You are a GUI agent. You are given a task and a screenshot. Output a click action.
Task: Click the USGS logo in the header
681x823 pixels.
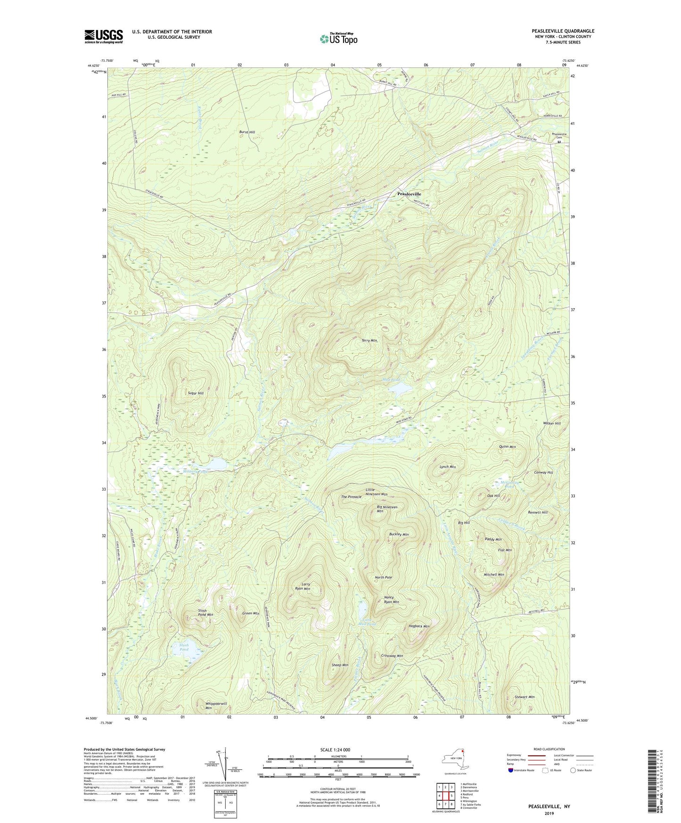click(104, 36)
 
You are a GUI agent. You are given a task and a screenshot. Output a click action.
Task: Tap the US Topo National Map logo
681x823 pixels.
click(338, 39)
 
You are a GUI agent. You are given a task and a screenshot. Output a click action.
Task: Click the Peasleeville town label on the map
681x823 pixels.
click(409, 194)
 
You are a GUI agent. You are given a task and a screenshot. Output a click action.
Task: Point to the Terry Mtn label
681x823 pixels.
click(369, 340)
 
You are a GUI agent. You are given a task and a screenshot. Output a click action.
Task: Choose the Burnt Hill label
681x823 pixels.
click(247, 132)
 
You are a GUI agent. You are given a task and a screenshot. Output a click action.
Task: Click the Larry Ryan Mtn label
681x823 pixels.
click(303, 586)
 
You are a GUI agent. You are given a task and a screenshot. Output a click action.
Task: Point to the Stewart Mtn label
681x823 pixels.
click(525, 697)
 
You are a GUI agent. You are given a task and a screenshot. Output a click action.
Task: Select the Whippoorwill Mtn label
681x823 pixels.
click(216, 706)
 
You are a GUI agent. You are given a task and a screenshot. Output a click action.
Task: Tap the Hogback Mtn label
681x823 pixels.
click(419, 626)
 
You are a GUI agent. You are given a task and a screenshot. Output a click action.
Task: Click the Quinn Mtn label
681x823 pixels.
click(507, 446)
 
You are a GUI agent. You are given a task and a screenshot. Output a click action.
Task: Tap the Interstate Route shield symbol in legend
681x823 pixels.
click(511, 770)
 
